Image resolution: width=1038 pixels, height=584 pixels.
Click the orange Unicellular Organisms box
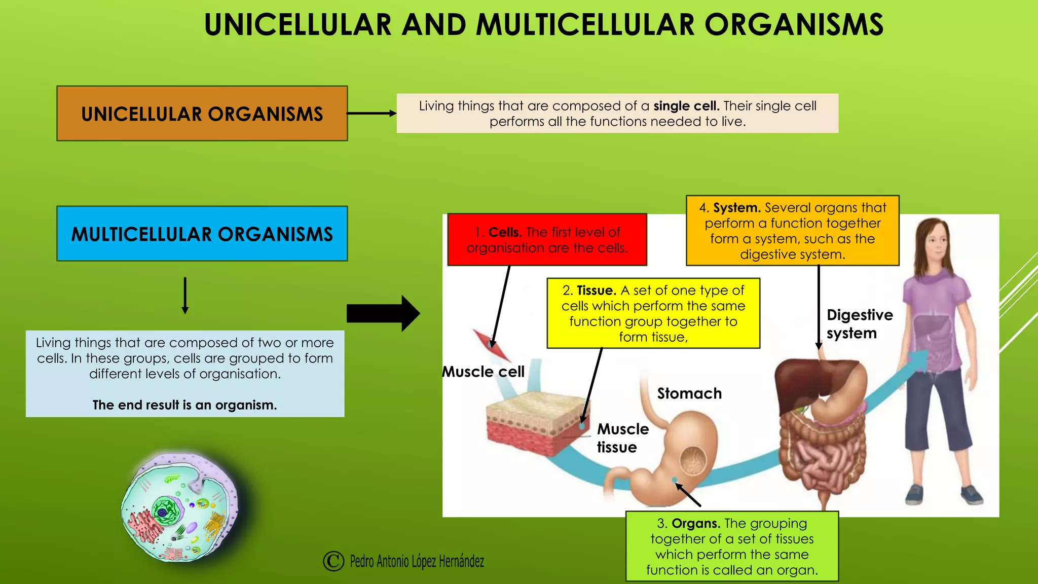pos(202,114)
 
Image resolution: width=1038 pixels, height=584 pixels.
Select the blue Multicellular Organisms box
pos(202,234)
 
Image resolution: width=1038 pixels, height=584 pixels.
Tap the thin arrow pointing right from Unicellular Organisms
pos(372,113)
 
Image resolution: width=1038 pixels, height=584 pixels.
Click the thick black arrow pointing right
pos(383,313)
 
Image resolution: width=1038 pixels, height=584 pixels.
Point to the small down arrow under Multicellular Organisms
pos(185,296)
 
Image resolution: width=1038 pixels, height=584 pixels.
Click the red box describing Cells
pos(547,240)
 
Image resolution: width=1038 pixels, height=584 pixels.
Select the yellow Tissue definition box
pos(653,313)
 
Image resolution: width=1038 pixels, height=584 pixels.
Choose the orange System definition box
pos(792,231)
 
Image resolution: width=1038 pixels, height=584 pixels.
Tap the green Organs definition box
pos(732,546)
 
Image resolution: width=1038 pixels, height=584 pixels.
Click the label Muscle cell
pos(483,372)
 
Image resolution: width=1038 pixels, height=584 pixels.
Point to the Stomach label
pos(689,393)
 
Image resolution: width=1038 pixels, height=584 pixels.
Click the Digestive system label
pos(859,324)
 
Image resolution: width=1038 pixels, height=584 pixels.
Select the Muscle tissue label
pos(622,438)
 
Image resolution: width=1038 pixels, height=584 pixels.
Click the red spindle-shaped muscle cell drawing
pos(492,345)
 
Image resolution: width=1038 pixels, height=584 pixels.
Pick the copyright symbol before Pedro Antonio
pos(333,561)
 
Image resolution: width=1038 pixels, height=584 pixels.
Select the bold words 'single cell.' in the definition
pos(686,106)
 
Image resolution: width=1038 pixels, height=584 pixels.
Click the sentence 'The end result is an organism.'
pos(184,405)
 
